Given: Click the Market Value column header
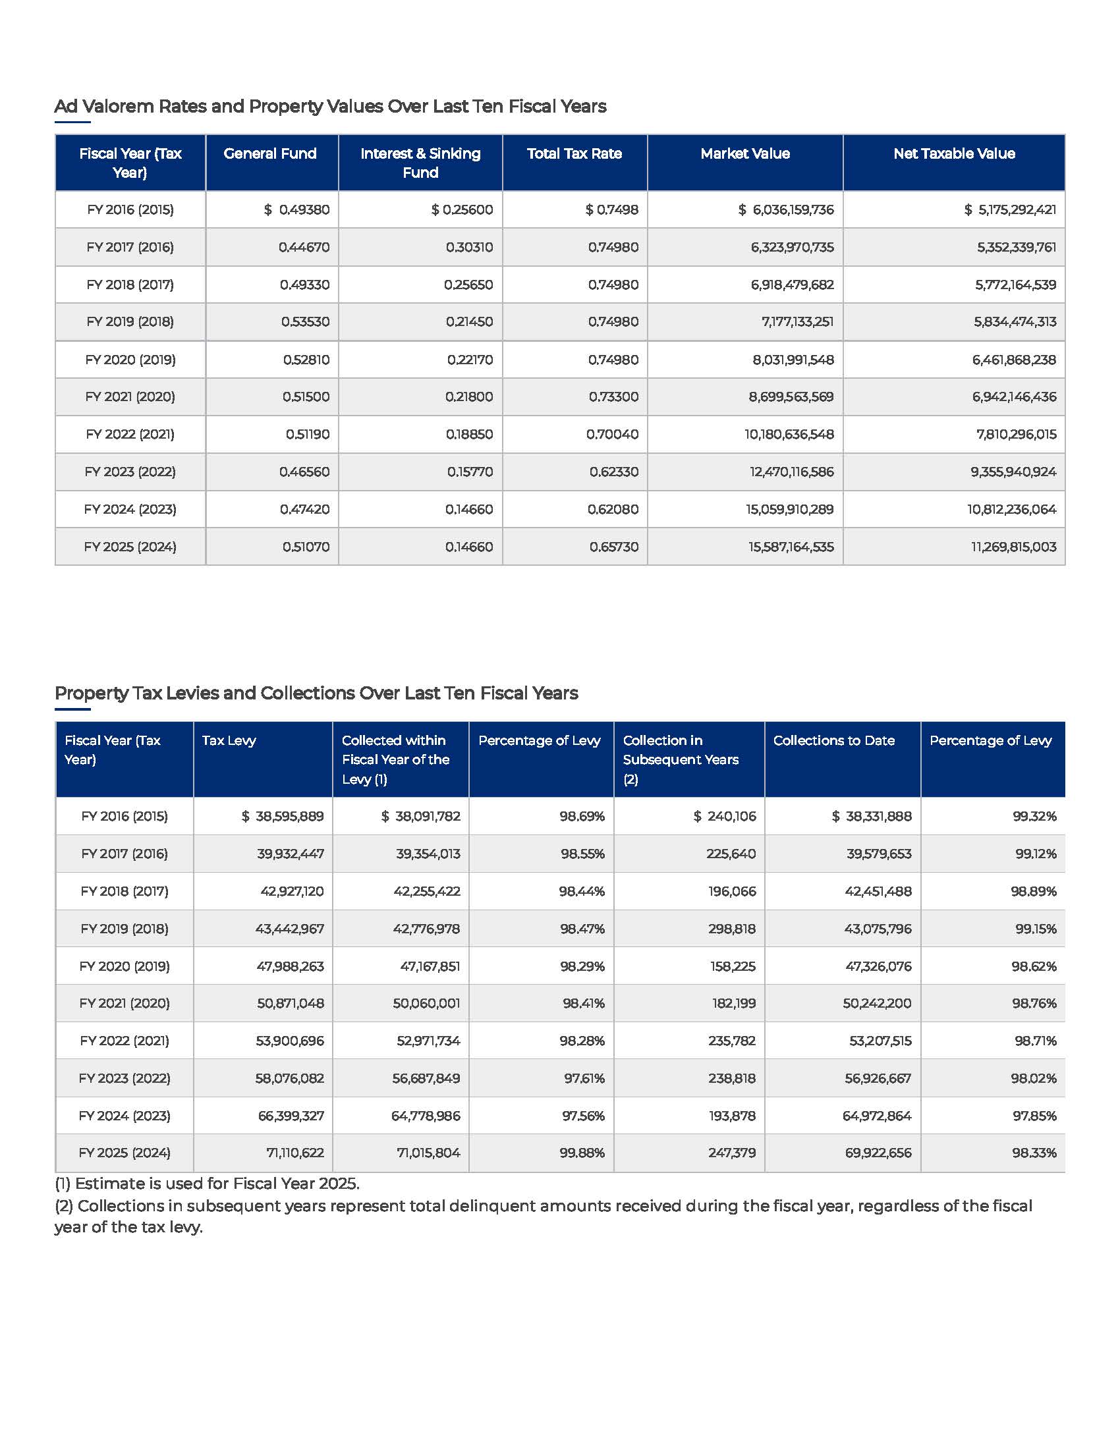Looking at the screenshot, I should [x=744, y=154].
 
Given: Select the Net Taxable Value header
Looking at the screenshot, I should [x=953, y=154].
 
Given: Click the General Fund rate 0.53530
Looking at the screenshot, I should [x=304, y=322].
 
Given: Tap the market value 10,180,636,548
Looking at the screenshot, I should [x=788, y=435].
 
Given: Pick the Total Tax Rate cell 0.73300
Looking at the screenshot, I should [x=613, y=396].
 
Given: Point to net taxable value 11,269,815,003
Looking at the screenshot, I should [x=1013, y=547].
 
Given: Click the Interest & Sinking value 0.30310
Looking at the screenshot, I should [x=469, y=248].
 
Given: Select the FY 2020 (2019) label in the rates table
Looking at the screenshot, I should [x=130, y=360].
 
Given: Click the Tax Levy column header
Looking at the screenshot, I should [x=229, y=740].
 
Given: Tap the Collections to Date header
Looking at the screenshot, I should [x=833, y=740].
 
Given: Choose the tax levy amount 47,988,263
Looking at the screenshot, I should [x=290, y=967].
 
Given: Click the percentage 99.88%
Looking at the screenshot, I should [x=582, y=1153].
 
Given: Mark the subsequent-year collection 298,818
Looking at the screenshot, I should [x=732, y=929].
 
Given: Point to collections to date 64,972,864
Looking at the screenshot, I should [x=876, y=1116].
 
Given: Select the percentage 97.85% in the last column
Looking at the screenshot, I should [x=1034, y=1116].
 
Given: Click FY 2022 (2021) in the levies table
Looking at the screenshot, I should [x=124, y=1041].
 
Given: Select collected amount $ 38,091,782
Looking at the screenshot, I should [x=421, y=817].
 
